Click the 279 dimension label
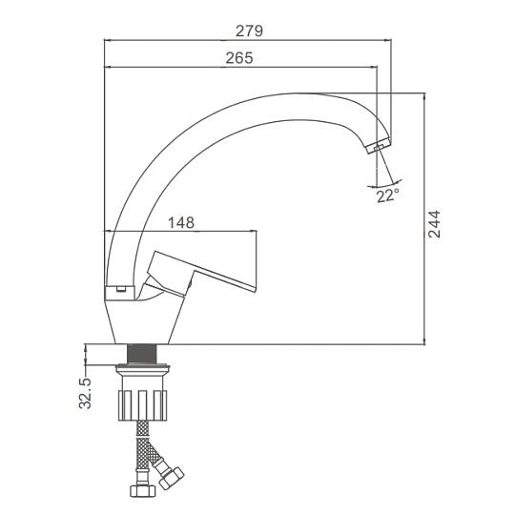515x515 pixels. point(249,31)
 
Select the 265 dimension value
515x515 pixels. point(239,58)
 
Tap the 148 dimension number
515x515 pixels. point(181,222)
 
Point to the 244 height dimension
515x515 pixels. point(434,224)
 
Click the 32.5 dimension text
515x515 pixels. point(85,393)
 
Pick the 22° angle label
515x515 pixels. point(388,196)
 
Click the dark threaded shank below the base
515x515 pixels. point(142,354)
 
